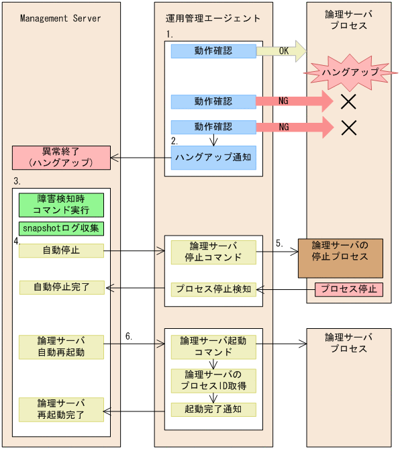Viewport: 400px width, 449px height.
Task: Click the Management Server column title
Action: pyautogui.click(x=60, y=18)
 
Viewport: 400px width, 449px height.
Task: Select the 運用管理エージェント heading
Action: pyautogui.click(x=213, y=18)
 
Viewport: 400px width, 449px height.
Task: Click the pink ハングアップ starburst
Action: pyautogui.click(x=349, y=70)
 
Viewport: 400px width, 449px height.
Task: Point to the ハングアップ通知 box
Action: pyautogui.click(x=213, y=157)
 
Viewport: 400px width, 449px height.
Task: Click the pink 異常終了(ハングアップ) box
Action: pyautogui.click(x=61, y=157)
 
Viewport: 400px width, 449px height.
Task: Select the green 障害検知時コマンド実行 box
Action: pyautogui.click(x=61, y=205)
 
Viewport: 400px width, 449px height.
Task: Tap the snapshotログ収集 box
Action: pyautogui.click(x=61, y=228)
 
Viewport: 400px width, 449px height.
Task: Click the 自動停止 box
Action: pyautogui.click(x=61, y=251)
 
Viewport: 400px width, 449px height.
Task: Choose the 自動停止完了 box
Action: pyautogui.click(x=61, y=288)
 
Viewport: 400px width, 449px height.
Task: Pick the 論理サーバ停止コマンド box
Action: pyautogui.click(x=213, y=252)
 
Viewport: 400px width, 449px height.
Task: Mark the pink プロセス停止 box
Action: pyautogui.click(x=348, y=289)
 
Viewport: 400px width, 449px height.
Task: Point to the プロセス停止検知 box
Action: pyautogui.click(x=213, y=289)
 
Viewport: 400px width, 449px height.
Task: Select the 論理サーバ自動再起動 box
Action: pyautogui.click(x=61, y=346)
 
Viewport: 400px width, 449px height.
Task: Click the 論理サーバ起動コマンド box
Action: pyautogui.click(x=213, y=347)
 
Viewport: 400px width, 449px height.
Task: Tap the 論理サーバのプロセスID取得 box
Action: pyautogui.click(x=213, y=380)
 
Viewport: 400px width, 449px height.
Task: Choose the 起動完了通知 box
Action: pyautogui.click(x=213, y=409)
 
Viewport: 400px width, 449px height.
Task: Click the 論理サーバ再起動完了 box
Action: pyautogui.click(x=61, y=409)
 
